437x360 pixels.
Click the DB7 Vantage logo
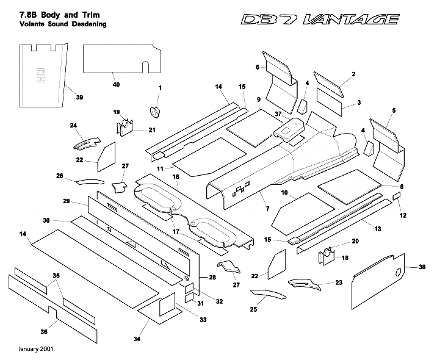click(320, 20)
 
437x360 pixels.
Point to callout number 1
click(159, 88)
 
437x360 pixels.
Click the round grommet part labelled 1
click(154, 112)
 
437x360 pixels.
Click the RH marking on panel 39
click(43, 75)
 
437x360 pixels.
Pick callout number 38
click(422, 267)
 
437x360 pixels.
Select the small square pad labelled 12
click(395, 196)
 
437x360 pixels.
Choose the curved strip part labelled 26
click(90, 181)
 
